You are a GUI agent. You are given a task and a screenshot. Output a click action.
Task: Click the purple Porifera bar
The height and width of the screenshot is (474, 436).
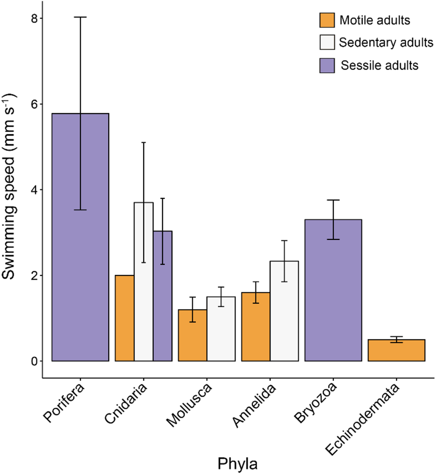(80, 237)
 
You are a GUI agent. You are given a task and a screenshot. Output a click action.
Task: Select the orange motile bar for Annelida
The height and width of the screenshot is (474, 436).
(256, 326)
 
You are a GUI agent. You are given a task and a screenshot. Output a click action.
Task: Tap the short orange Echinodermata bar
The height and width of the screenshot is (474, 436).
(396, 350)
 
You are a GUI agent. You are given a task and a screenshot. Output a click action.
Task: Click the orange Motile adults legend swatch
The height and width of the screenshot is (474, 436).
(326, 20)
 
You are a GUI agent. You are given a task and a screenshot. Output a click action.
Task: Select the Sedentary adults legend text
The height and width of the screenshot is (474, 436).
(386, 43)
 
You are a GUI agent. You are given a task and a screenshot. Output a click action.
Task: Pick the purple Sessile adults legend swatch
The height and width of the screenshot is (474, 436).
(326, 65)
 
